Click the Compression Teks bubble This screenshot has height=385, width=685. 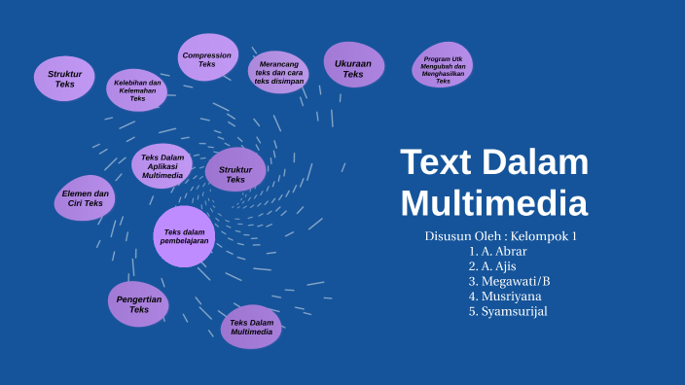click(x=207, y=58)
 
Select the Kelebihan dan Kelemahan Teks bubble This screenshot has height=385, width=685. click(x=137, y=90)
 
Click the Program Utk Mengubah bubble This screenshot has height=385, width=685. click(x=443, y=68)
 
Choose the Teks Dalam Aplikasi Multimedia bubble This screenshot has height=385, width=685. click(x=162, y=166)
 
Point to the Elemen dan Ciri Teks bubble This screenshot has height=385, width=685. click(x=84, y=198)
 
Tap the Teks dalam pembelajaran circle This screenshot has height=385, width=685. click(x=184, y=236)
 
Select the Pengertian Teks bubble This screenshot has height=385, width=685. click(x=138, y=304)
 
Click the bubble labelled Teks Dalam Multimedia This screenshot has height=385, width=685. click(x=251, y=327)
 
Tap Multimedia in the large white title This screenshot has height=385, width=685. click(x=494, y=204)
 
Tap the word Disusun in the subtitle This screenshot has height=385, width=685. click(x=451, y=236)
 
